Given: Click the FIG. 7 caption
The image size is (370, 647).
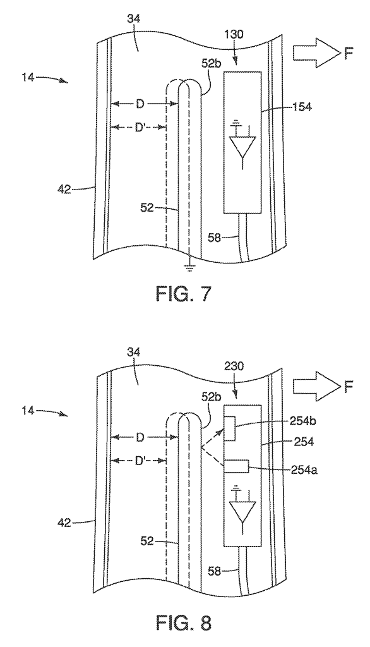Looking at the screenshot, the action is (184, 294).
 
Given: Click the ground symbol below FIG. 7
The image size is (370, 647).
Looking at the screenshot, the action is (189, 269).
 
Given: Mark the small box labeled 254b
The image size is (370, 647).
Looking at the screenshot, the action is (230, 428).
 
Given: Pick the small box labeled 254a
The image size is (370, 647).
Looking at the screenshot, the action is (236, 466).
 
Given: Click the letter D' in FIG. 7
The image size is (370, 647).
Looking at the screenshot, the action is (140, 128).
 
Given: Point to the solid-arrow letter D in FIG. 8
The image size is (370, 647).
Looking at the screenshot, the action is (140, 437).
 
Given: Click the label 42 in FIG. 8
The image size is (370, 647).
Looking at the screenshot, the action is (63, 523).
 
